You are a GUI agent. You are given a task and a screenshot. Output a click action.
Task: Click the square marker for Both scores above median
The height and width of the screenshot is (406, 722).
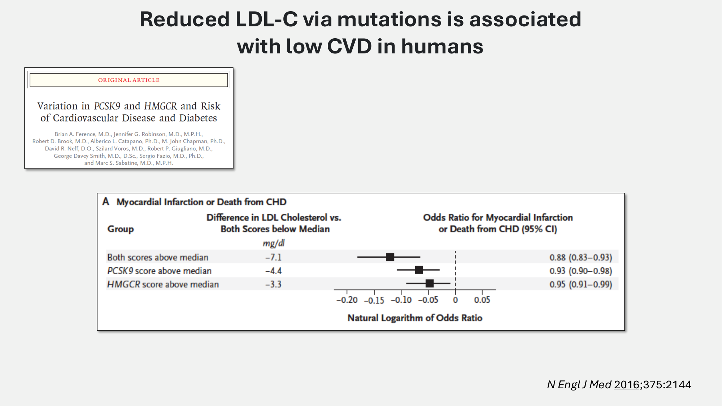[390, 257]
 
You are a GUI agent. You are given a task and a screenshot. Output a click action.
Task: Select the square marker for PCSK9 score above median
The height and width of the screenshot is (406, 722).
[419, 270]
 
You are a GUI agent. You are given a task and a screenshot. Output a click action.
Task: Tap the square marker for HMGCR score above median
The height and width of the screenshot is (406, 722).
[429, 283]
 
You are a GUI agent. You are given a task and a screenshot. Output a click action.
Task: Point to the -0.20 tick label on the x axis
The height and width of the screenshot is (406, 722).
[347, 300]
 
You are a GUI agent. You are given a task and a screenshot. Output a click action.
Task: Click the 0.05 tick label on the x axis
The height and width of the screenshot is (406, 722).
[482, 300]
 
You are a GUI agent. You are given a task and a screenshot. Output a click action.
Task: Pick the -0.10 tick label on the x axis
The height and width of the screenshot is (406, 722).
[401, 300]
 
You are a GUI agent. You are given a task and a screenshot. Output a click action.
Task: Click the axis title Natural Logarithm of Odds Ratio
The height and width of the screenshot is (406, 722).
[415, 318]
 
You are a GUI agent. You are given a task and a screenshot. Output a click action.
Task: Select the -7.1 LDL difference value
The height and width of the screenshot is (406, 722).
[273, 257]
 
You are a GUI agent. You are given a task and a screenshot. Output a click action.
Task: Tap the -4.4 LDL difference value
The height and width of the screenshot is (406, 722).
[273, 271]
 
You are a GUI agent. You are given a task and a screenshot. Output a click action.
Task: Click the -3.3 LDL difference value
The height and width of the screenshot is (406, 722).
[273, 284]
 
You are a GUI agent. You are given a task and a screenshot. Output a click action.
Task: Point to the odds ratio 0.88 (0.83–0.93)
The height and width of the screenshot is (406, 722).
[580, 257]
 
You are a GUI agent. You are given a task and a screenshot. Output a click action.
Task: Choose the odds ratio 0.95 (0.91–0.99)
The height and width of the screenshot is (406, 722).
[580, 284]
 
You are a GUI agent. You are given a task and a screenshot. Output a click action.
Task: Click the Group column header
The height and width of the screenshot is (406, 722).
[121, 229]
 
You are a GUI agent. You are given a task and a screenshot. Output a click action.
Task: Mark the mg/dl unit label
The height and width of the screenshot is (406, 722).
[274, 243]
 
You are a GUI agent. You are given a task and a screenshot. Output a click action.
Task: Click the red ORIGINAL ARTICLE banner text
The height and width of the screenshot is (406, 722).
[129, 80]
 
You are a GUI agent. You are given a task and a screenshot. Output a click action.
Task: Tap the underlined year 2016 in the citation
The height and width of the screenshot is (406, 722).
[627, 385]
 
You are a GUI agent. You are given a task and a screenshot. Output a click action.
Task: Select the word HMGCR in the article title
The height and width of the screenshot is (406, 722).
[161, 106]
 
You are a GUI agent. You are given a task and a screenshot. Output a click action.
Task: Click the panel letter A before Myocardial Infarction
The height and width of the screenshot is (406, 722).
[105, 201]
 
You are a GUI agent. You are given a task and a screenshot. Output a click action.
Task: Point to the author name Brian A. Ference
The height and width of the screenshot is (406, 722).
[75, 134]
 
